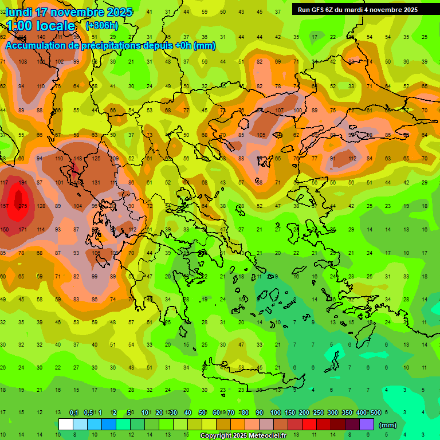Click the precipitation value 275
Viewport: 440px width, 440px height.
click(23, 206)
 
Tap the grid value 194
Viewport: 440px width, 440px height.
click(23, 182)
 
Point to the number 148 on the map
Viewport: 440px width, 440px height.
click(78, 159)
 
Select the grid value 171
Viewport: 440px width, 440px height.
click(23, 229)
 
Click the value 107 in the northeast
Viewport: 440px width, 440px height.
click(279, 111)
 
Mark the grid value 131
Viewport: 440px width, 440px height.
click(96, 182)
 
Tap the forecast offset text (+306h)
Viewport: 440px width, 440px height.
click(103, 26)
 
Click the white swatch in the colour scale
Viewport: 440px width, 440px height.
click(66, 425)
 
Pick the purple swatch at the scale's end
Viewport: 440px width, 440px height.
click(367, 425)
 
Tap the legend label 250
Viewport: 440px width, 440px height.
click(318, 412)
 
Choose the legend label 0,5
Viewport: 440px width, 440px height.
click(88, 412)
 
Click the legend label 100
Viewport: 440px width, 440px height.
click(275, 412)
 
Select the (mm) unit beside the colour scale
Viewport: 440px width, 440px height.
click(388, 425)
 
